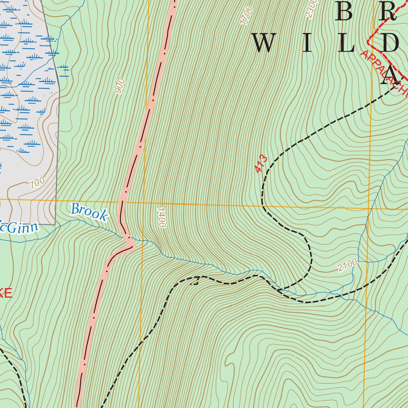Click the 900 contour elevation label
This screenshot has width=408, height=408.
click(x=120, y=86)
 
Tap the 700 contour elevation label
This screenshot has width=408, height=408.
click(x=37, y=183)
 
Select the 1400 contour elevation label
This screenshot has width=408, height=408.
click(x=161, y=218)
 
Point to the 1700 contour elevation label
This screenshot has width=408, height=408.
click(x=247, y=15)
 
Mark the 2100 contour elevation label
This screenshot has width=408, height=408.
click(x=347, y=265)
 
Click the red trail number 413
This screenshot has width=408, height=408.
click(x=261, y=164)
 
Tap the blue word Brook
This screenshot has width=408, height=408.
click(x=89, y=212)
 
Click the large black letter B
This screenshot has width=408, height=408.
click(x=344, y=12)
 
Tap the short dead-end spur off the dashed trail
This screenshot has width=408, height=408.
click(x=195, y=282)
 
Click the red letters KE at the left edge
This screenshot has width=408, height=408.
click(x=6, y=294)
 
